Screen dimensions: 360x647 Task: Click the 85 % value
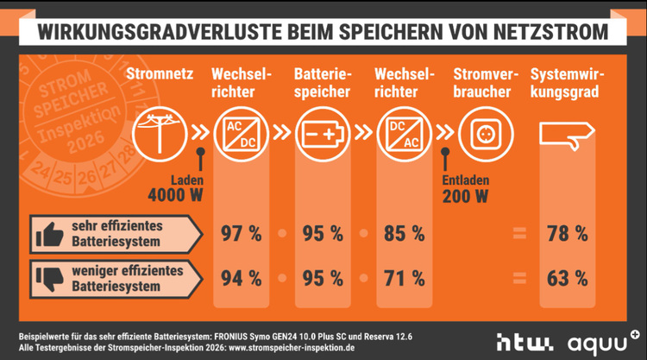tap(405, 233)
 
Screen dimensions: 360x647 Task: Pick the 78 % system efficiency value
tap(567, 233)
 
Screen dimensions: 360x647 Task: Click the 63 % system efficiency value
tap(567, 278)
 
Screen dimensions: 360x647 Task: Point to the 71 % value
tap(405, 278)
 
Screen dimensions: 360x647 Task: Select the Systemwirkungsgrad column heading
tap(567, 82)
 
